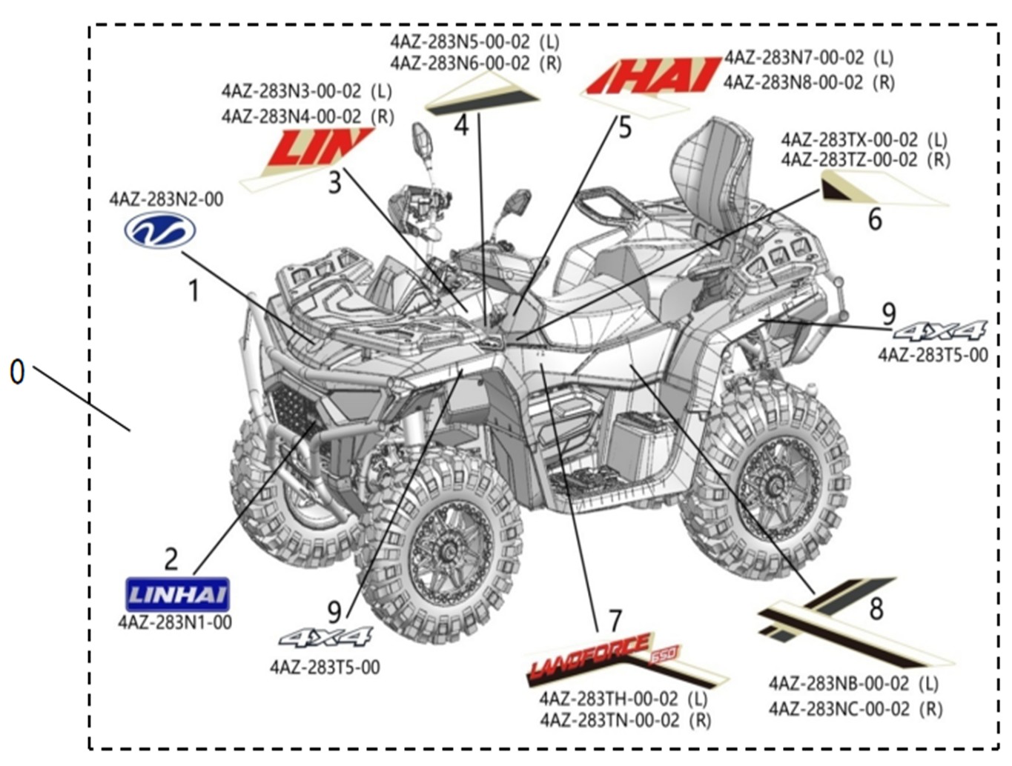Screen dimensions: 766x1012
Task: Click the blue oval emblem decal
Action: [159, 230]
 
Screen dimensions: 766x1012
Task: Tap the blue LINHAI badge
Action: [177, 594]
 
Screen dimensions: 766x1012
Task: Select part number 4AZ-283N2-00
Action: [166, 199]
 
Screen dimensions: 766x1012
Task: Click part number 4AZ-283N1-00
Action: [175, 622]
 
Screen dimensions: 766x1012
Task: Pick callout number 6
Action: [875, 219]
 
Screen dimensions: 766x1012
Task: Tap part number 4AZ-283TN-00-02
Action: [609, 720]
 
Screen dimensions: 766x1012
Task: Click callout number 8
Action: [876, 609]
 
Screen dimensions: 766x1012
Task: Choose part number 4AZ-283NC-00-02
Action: [839, 709]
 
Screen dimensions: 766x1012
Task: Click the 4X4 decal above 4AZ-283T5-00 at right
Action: [940, 330]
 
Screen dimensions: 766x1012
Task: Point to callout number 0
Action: [17, 371]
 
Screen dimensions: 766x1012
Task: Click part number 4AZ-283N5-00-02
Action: [460, 41]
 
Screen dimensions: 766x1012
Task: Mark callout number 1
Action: [194, 290]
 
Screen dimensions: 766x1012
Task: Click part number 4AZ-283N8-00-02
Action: [793, 81]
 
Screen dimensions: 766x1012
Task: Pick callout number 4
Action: [461, 124]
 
